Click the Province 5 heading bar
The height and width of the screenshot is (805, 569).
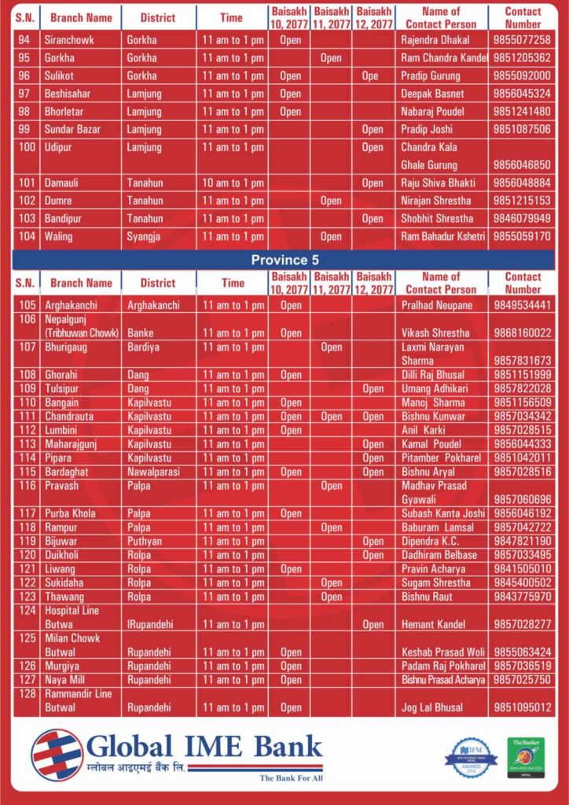[284, 259]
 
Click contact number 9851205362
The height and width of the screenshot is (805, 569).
[522, 58]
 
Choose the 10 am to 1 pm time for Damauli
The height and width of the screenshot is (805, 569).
[233, 183]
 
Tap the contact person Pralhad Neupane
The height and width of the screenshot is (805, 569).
[437, 305]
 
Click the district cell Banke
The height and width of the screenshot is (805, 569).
[141, 333]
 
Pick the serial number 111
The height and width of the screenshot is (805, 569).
[28, 417]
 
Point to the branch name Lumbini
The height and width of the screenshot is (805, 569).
[62, 430]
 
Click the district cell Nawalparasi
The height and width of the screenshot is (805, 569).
[154, 472]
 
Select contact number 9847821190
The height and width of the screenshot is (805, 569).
[522, 542]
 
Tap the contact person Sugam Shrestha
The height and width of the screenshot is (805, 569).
[435, 583]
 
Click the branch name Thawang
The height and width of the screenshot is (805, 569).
[64, 597]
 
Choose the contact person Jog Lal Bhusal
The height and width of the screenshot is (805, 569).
[433, 708]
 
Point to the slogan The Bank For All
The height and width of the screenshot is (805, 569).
[291, 778]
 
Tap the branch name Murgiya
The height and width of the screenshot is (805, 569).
[63, 666]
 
